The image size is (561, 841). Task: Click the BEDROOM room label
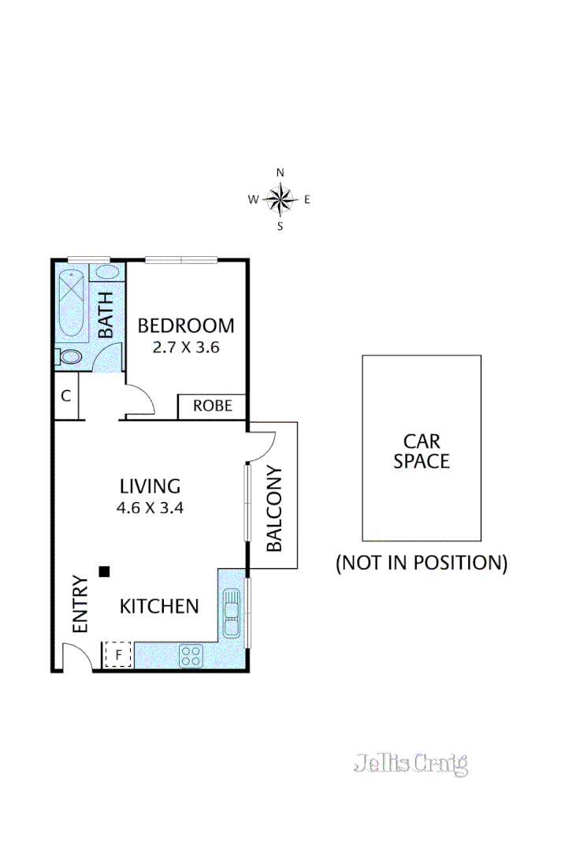(x=186, y=325)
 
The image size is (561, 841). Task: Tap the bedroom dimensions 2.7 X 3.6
(x=186, y=347)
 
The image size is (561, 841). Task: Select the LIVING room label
(x=150, y=486)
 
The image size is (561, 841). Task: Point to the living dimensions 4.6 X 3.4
(x=150, y=508)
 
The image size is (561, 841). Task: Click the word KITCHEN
(x=158, y=606)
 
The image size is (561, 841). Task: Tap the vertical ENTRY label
(x=80, y=606)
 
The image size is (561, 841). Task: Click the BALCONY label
(x=274, y=509)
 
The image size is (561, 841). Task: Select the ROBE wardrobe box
(x=213, y=406)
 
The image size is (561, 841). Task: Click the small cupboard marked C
(x=66, y=396)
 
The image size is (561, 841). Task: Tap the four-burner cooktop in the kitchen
(x=191, y=654)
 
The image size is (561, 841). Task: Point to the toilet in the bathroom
(x=69, y=357)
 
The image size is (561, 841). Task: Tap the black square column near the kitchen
(x=103, y=571)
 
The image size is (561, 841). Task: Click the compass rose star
(x=280, y=199)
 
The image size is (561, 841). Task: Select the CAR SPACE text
(x=422, y=451)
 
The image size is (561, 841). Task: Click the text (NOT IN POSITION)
(x=421, y=563)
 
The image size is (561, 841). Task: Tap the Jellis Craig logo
(x=411, y=763)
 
